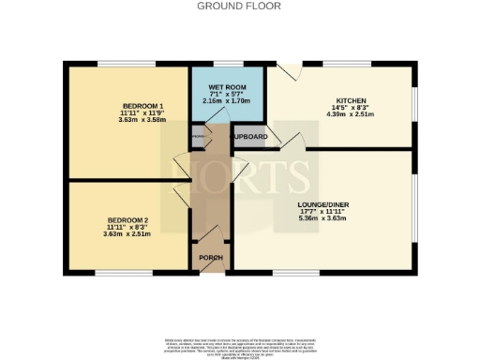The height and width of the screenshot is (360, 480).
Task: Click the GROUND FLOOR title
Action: (239, 6)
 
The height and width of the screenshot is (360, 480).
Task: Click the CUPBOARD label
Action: (250, 137)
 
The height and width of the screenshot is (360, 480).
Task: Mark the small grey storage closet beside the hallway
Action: (198, 137)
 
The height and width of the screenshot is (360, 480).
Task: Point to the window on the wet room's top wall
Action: (226, 65)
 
